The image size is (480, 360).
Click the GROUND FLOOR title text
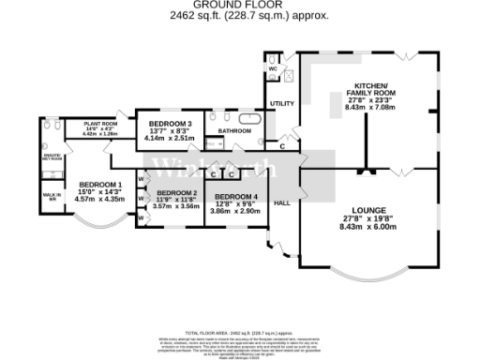(x=240, y=5)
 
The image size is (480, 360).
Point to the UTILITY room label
(x=282, y=104)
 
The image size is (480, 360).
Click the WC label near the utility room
(x=272, y=70)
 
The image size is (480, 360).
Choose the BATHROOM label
(x=235, y=131)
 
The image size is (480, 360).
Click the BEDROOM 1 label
(x=99, y=184)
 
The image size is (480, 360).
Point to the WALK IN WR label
(x=52, y=196)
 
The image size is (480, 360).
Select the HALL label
(x=281, y=202)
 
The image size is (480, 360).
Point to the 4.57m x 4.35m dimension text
(x=99, y=199)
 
